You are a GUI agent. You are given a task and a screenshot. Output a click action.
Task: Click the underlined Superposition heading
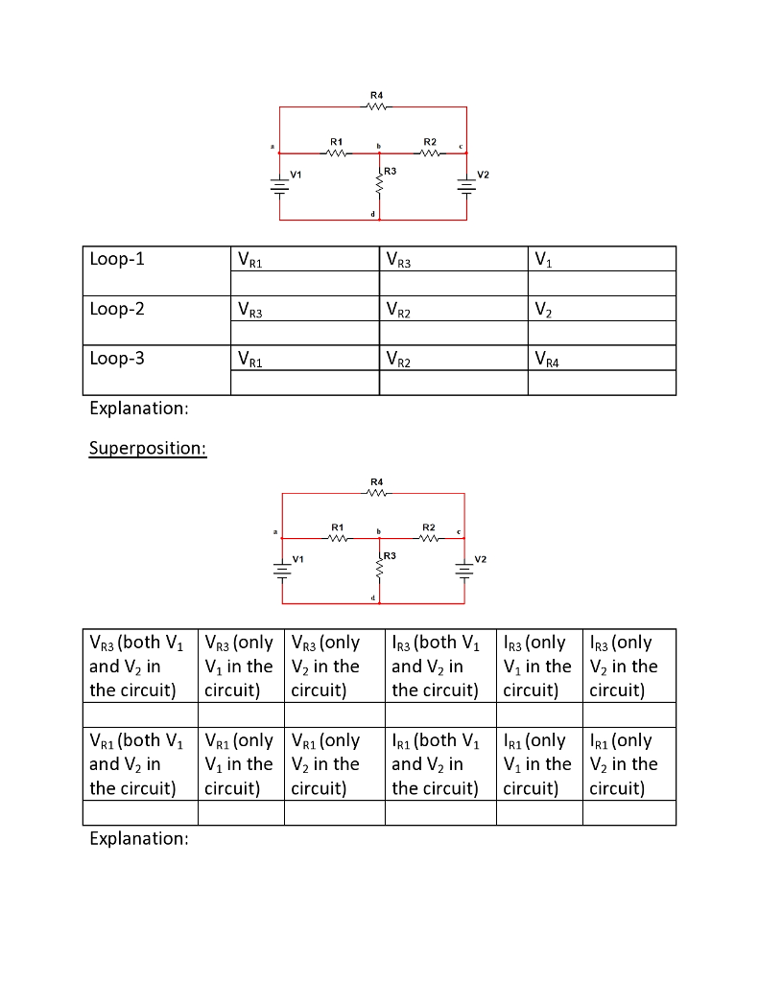(x=147, y=448)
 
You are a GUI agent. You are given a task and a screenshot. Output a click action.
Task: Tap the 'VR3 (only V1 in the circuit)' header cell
(x=240, y=666)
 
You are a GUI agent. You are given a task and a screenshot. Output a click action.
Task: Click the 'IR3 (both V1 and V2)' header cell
(x=439, y=666)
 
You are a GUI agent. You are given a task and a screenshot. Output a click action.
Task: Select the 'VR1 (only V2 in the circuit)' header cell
(x=334, y=764)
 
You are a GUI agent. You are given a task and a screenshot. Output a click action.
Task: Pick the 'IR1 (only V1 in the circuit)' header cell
(x=538, y=764)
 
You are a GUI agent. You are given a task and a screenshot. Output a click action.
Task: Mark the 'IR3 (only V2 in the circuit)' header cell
(x=628, y=666)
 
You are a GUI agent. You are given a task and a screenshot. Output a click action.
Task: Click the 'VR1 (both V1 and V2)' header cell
(x=138, y=764)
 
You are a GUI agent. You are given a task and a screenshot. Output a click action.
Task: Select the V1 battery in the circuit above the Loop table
(x=280, y=186)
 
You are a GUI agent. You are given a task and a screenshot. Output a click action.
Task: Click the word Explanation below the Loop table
(x=138, y=409)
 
